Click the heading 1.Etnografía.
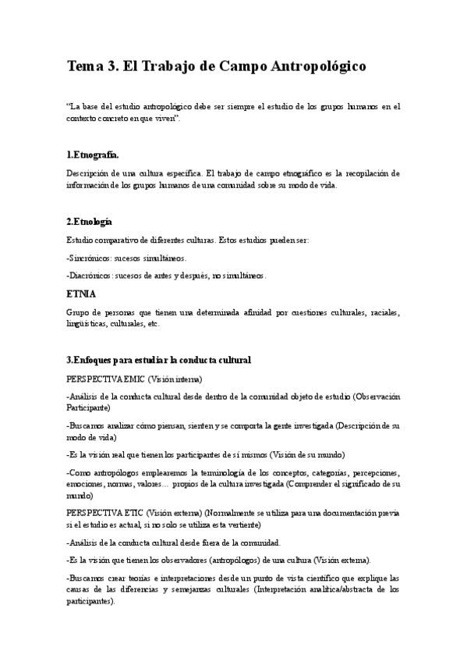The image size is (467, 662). click(x=93, y=154)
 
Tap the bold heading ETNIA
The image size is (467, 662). click(x=81, y=294)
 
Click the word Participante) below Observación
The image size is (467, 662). click(x=89, y=407)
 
